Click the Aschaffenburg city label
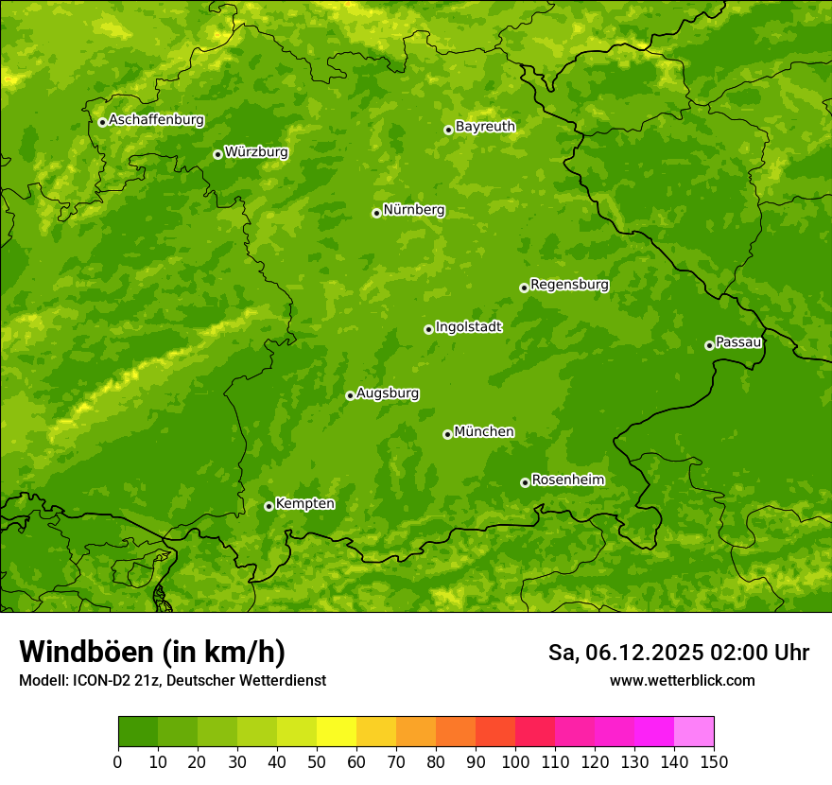pyautogui.click(x=156, y=120)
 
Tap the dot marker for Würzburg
pyautogui.click(x=217, y=154)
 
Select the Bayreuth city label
pyautogui.click(x=485, y=126)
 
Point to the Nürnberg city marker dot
pyautogui.click(x=376, y=213)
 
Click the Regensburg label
pyautogui.click(x=569, y=284)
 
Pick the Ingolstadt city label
pyautogui.click(x=468, y=326)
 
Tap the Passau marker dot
pyautogui.click(x=709, y=345)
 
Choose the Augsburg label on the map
pyautogui.click(x=388, y=392)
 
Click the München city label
pyautogui.click(x=484, y=431)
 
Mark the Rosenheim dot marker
pyautogui.click(x=525, y=482)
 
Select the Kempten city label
pyautogui.click(x=304, y=503)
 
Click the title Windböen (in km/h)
pyautogui.click(x=152, y=652)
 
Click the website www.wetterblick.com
pyautogui.click(x=682, y=680)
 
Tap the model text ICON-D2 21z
pyautogui.click(x=115, y=680)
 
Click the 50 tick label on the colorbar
pyautogui.click(x=317, y=761)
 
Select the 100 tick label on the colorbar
pyautogui.click(x=515, y=761)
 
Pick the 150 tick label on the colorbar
pyautogui.click(x=714, y=761)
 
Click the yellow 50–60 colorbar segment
pyautogui.click(x=337, y=732)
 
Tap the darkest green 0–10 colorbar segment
pyautogui.click(x=138, y=732)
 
